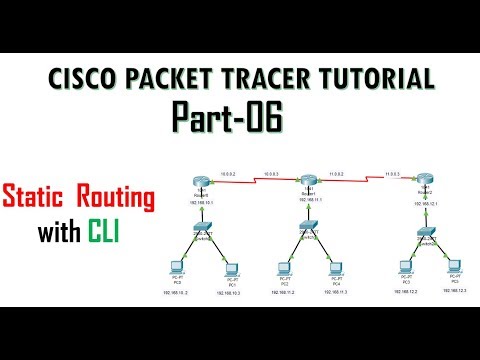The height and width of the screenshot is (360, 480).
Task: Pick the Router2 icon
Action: [427, 181]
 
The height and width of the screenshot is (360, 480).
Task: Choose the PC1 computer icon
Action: [231, 270]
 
